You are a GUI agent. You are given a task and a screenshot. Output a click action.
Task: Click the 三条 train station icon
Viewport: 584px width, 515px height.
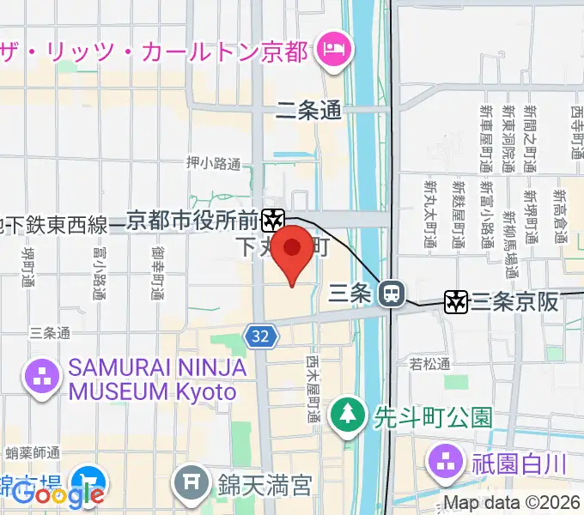tap(392, 294)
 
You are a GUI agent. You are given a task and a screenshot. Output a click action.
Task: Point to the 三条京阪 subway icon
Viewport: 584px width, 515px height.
tap(455, 301)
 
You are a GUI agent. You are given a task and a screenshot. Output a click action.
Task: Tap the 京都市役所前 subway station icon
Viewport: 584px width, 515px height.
tap(274, 221)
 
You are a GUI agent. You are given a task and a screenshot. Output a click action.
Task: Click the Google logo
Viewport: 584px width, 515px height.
tap(58, 495)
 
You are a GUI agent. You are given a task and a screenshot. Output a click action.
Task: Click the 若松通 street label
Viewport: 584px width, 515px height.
tap(429, 364)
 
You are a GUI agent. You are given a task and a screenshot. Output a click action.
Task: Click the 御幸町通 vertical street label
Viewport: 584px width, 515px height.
tap(157, 273)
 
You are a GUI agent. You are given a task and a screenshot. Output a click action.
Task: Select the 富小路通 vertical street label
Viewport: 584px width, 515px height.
tap(96, 272)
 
